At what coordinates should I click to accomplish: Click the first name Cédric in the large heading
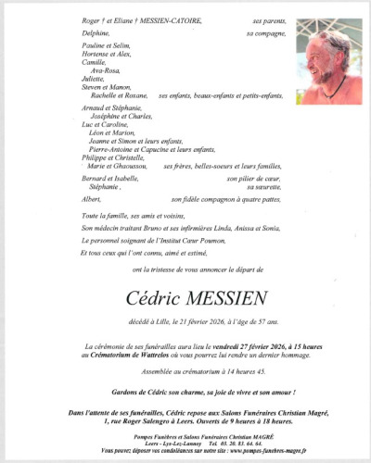(x=151, y=297)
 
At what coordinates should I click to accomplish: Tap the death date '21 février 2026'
(x=211, y=320)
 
